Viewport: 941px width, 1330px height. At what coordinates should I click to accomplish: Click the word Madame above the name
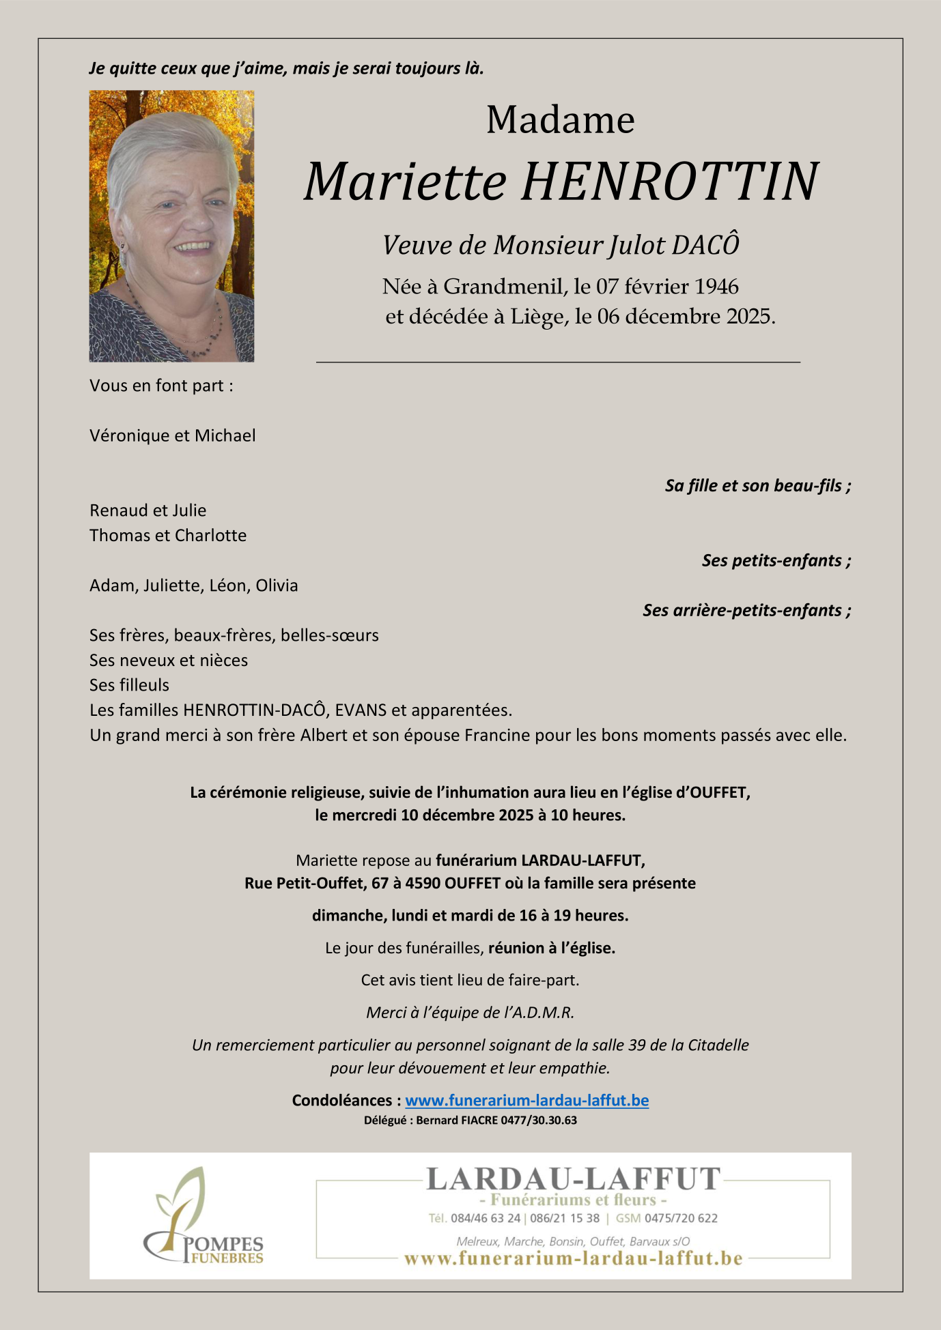coord(560,120)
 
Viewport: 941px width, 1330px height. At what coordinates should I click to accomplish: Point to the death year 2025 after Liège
coord(749,317)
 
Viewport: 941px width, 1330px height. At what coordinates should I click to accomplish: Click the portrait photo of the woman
coord(171,226)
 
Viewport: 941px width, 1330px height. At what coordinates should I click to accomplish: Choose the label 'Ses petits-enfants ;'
coord(776,560)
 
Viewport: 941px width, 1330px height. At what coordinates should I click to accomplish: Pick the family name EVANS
coord(361,710)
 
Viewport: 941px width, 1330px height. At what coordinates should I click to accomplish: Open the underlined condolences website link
coord(526,1101)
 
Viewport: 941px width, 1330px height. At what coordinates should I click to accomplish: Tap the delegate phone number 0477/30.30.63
coord(539,1121)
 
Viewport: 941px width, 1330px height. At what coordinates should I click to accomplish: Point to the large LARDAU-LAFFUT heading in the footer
coord(573,1179)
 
